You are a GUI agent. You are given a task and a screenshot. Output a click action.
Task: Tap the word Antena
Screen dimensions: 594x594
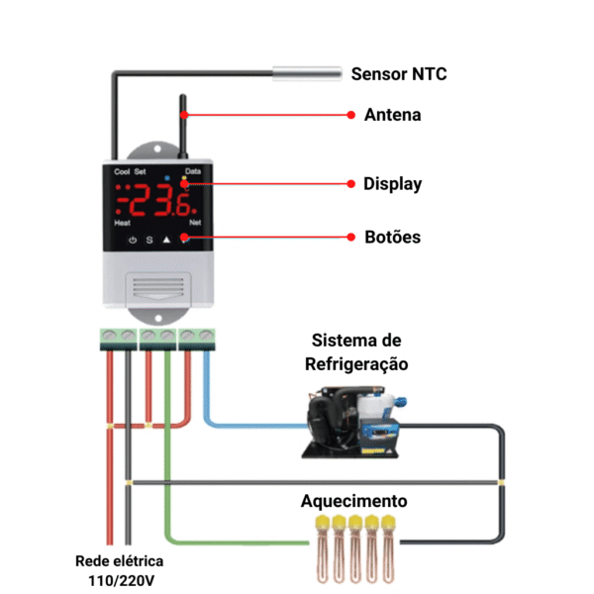click(392, 115)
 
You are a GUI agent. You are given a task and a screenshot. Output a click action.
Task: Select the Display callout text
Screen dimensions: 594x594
click(392, 183)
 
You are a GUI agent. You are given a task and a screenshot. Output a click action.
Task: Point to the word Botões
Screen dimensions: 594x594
click(392, 238)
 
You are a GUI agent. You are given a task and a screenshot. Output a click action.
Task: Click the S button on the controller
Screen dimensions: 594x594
click(149, 240)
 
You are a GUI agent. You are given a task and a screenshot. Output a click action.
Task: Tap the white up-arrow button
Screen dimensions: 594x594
click(166, 240)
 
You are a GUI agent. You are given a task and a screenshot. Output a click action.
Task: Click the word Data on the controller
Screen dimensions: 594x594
click(193, 171)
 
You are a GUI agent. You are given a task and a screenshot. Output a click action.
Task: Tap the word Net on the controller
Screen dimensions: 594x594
click(195, 224)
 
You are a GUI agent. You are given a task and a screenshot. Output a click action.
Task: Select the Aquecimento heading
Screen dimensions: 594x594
click(353, 501)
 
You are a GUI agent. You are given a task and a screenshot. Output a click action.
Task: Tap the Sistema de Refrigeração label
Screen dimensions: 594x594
click(356, 352)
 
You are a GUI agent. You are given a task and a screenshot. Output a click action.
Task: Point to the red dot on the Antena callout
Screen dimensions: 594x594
click(350, 115)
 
